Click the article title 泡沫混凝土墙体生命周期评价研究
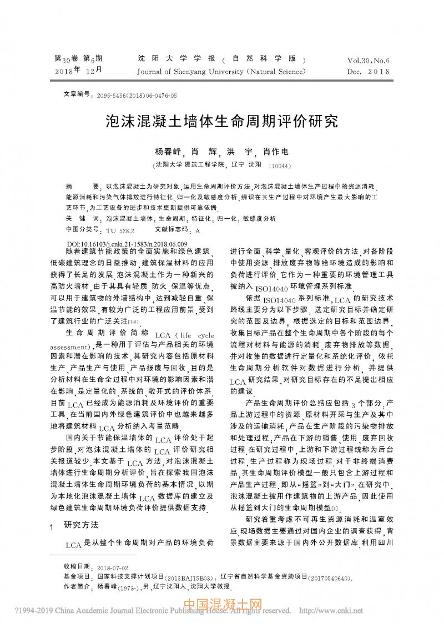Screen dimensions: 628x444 coord(221,122)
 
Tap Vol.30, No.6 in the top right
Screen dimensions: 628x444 coord(369,60)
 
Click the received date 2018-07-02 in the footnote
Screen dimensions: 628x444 coord(113,569)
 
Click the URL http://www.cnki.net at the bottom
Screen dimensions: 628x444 coord(331,611)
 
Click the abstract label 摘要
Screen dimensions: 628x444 coord(81,187)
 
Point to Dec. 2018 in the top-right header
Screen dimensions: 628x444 coord(369,72)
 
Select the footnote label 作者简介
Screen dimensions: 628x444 coord(76,586)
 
